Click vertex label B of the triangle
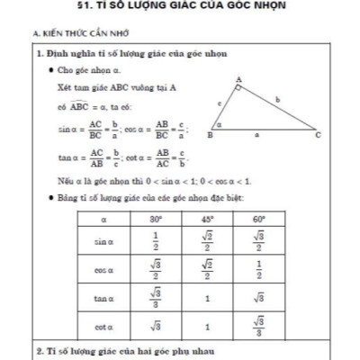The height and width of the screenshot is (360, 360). click(209, 136)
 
